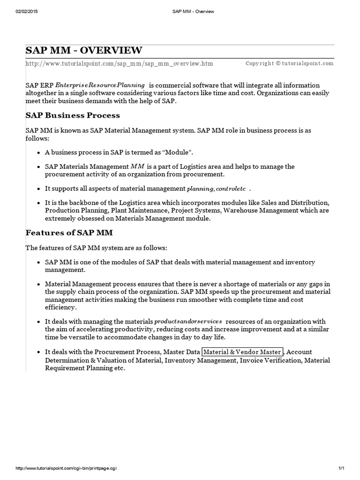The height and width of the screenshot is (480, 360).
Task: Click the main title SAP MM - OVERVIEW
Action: point(84,51)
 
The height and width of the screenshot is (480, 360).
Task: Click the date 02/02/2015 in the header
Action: point(26,11)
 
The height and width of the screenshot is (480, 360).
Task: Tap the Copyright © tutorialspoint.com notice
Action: point(289,63)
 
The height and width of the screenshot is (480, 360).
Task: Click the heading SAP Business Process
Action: point(73,115)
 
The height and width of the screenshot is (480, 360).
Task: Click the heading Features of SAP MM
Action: point(69,232)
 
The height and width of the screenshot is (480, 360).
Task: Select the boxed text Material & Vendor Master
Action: point(242,352)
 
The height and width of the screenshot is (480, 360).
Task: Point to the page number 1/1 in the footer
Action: point(341,468)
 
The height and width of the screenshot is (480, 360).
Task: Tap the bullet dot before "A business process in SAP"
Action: point(38,153)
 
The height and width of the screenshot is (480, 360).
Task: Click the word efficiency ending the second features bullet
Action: point(60,307)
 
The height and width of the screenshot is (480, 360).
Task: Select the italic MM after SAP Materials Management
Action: point(138,166)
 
